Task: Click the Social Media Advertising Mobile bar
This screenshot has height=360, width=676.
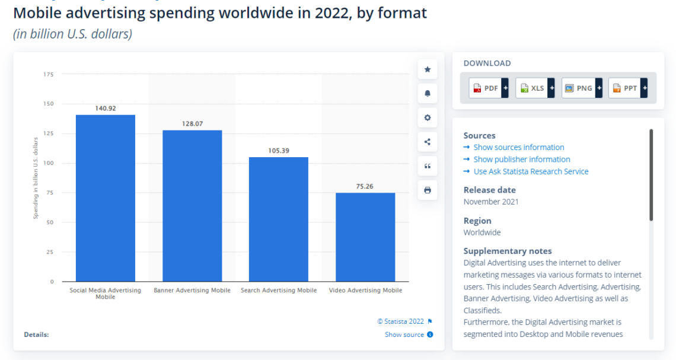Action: tap(106, 198)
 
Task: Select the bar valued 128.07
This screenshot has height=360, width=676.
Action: tap(192, 206)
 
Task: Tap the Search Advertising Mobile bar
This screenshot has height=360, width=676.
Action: tap(279, 219)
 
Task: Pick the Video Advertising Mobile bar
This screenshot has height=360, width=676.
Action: tap(365, 237)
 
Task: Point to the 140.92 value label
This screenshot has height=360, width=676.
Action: tap(106, 109)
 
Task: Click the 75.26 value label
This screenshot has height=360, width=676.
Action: tap(365, 186)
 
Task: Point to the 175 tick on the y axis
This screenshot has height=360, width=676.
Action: tap(49, 74)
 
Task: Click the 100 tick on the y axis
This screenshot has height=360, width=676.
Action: tap(49, 163)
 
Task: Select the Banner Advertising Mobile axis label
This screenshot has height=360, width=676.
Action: tap(192, 291)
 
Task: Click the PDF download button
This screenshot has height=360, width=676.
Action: tap(488, 88)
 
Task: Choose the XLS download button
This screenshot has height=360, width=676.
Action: tap(535, 88)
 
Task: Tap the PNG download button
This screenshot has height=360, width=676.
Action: tap(581, 88)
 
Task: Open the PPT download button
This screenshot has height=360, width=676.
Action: tap(627, 88)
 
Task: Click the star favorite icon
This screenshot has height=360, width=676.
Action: tap(427, 69)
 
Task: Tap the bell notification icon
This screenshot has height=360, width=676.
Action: tap(427, 94)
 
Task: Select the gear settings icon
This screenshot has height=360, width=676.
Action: tap(427, 117)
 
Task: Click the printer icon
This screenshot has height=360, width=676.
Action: tap(427, 190)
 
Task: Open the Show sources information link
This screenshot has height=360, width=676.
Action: tap(519, 147)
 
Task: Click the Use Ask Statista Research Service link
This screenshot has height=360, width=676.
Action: tap(531, 171)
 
